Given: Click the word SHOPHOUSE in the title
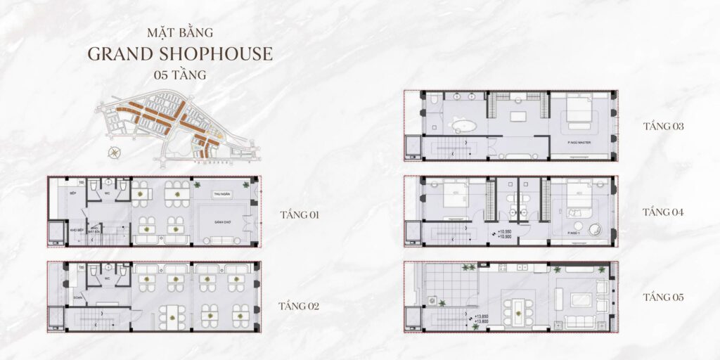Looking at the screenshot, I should click(x=218, y=54).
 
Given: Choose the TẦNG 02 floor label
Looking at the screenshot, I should click(x=299, y=306).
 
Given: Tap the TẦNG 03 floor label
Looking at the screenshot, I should click(x=663, y=127).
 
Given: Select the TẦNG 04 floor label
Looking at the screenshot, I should click(x=663, y=212).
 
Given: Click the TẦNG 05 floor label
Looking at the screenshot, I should click(x=663, y=297).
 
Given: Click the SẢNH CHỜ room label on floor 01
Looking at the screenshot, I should click(x=224, y=221).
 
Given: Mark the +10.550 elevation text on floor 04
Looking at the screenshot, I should click(x=503, y=232).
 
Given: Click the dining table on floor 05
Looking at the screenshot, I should click(x=517, y=307).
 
